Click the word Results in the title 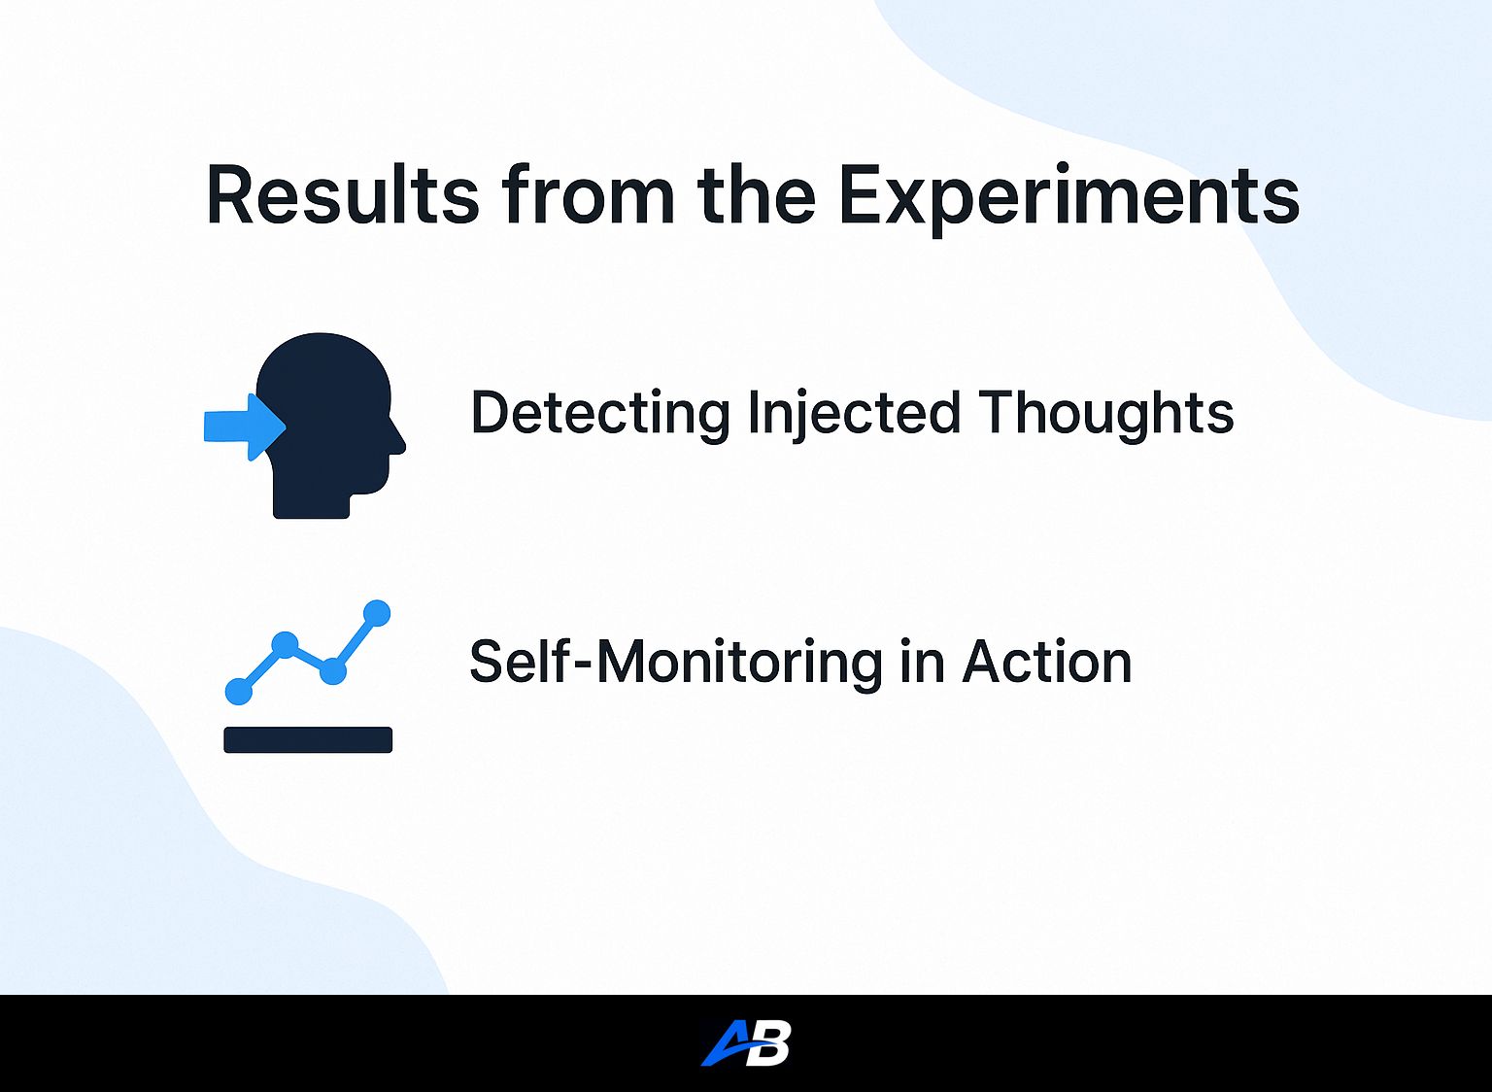(342, 195)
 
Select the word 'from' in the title (588, 195)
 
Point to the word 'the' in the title (756, 195)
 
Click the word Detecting (599, 413)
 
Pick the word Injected (853, 413)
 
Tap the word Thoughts (1105, 413)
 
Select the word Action (1047, 663)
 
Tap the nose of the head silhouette (397, 442)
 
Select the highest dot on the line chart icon (376, 613)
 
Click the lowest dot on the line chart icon (239, 691)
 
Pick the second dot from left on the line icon (285, 644)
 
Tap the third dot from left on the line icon (332, 670)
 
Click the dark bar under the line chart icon (308, 739)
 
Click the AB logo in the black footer (746, 1043)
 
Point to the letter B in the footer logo (769, 1043)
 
